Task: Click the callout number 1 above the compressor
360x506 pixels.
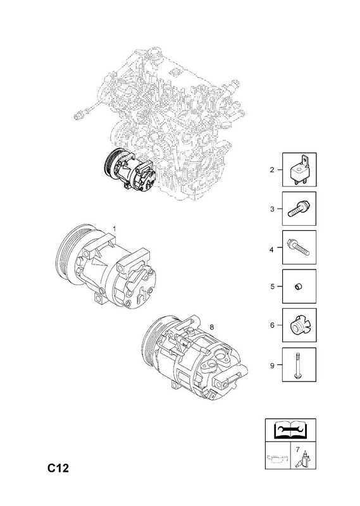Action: click(114, 228)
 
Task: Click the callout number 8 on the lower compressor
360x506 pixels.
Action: click(212, 327)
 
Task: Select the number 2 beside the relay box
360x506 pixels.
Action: click(272, 170)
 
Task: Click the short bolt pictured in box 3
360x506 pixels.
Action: click(297, 209)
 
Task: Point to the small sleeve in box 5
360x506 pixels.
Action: click(299, 287)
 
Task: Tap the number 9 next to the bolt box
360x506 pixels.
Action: click(272, 366)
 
